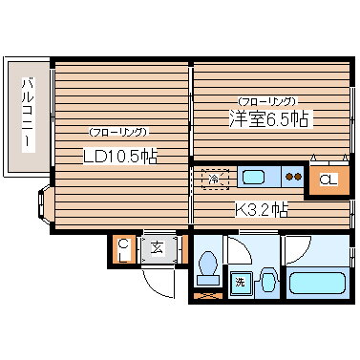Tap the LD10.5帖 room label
click(119, 157)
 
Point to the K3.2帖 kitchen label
click(263, 209)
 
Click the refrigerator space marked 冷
click(214, 177)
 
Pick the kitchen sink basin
click(254, 177)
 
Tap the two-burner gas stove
click(294, 177)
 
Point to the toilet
click(206, 269)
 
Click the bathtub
click(316, 284)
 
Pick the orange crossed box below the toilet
click(206, 295)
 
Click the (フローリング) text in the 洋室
click(266, 99)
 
